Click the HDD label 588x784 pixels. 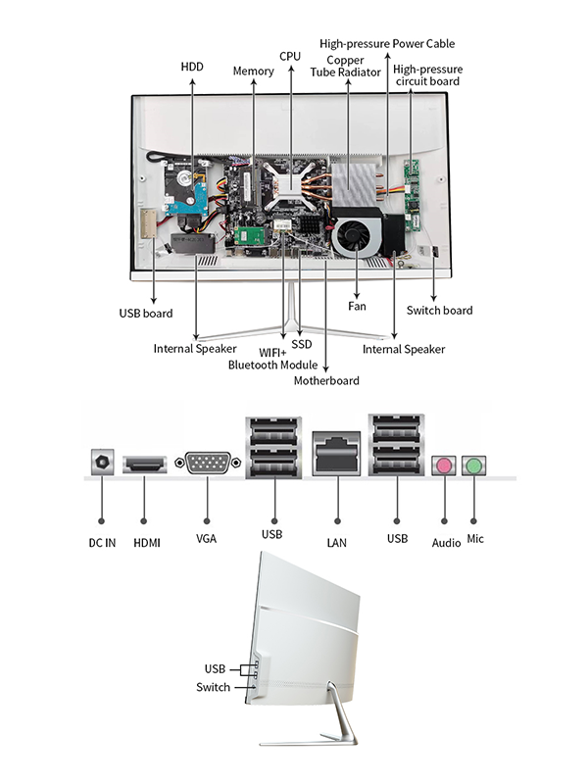tap(193, 67)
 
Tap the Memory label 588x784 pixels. tap(253, 72)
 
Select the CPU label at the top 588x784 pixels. tap(290, 57)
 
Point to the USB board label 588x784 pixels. tap(145, 314)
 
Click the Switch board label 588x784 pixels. tap(439, 311)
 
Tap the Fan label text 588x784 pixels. tap(357, 307)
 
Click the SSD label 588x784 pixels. tap(301, 344)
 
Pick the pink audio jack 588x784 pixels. tap(445, 465)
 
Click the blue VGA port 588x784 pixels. tap(208, 464)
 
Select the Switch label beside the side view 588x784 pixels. tap(213, 687)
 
